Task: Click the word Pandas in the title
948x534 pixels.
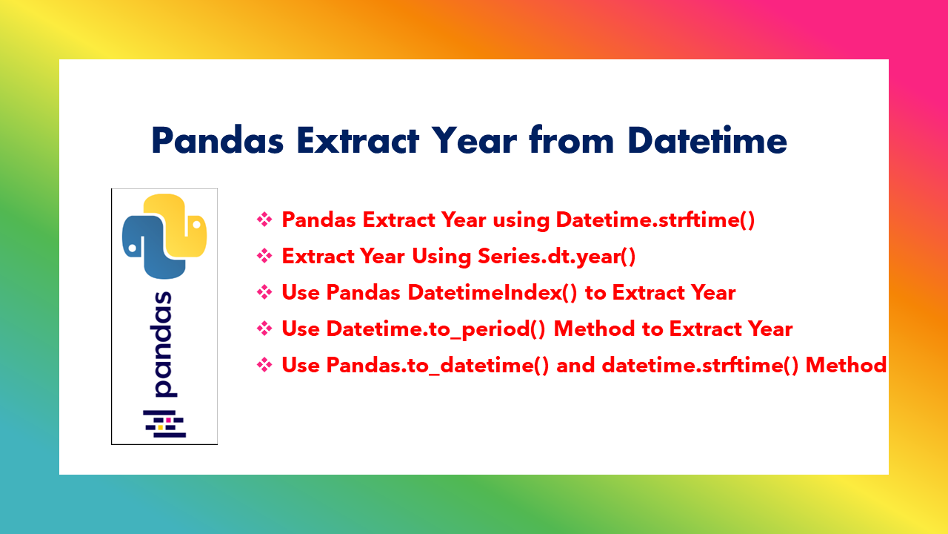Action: (218, 140)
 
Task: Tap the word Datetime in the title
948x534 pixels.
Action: (707, 140)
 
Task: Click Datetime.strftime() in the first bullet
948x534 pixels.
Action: (655, 220)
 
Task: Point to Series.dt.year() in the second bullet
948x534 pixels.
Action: (556, 256)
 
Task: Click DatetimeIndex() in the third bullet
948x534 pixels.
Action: (493, 292)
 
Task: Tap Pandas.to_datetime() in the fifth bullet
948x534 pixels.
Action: (438, 366)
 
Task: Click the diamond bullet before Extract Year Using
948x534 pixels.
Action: (264, 256)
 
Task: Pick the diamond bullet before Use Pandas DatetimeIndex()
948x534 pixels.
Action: (264, 292)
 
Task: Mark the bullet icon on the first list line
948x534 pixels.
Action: (264, 220)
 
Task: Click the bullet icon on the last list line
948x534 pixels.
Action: (264, 366)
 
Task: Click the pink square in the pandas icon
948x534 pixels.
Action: (168, 420)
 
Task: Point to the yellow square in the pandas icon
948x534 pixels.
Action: (161, 428)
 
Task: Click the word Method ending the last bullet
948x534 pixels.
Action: (846, 366)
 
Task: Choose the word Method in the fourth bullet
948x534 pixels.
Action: (594, 329)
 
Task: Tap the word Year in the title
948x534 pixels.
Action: (475, 140)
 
